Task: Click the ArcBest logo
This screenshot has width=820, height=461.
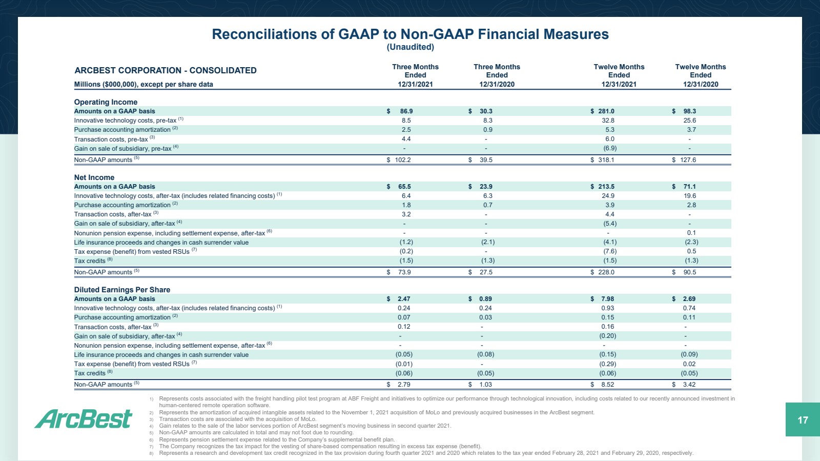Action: (x=84, y=418)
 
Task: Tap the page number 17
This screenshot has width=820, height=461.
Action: (x=803, y=420)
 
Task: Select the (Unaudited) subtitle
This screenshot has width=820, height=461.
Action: (x=411, y=47)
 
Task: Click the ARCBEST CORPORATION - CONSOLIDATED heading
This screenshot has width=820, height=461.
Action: (x=166, y=70)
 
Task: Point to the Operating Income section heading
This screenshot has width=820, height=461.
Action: (x=106, y=102)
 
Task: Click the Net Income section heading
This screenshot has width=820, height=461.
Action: (x=94, y=177)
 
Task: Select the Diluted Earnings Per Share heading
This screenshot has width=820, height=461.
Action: (x=122, y=290)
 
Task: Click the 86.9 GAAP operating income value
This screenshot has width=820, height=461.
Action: (x=406, y=111)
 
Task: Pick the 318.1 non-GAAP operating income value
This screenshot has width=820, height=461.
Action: (x=606, y=160)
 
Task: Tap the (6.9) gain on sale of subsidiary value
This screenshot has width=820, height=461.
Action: (x=610, y=148)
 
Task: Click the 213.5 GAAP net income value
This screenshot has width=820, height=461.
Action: (x=606, y=187)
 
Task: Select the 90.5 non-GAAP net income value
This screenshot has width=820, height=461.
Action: (x=690, y=272)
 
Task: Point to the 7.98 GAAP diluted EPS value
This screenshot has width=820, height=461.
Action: (x=608, y=299)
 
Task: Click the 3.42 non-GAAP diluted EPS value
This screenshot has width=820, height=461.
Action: (x=689, y=385)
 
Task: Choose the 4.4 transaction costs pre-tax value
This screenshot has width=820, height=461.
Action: (x=406, y=139)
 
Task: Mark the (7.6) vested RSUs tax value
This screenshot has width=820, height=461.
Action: (x=610, y=252)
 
